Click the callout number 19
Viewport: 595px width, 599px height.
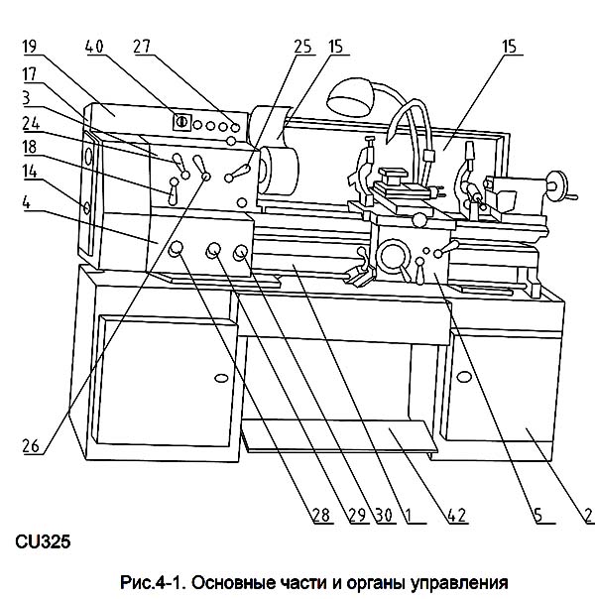(30, 47)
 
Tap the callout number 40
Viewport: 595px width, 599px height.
(94, 47)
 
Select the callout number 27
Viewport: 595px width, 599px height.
(142, 47)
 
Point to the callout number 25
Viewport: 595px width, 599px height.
(302, 47)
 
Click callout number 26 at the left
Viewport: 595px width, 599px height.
(31, 445)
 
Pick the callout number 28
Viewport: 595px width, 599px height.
(321, 515)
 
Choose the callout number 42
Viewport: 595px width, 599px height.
(457, 515)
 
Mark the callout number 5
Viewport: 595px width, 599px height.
(537, 515)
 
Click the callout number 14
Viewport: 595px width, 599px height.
(30, 172)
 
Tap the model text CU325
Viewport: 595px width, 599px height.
(43, 541)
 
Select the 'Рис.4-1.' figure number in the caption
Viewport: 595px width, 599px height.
(153, 582)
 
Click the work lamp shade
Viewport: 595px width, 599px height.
(349, 97)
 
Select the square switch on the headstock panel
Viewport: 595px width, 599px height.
(181, 123)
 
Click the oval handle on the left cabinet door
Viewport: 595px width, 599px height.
(221, 378)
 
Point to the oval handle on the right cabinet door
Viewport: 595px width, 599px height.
(464, 378)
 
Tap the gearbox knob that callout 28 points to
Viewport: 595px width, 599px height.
(176, 249)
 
